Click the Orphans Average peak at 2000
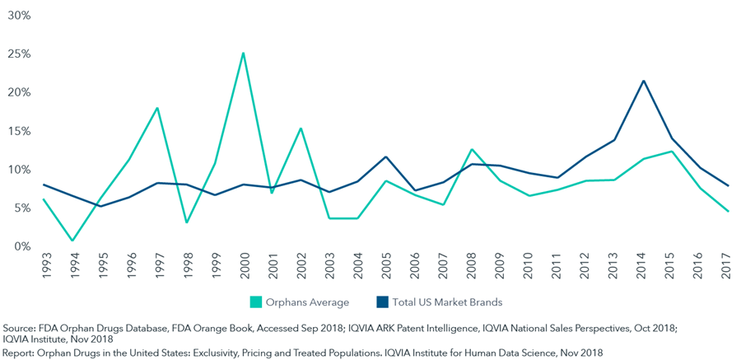(243, 54)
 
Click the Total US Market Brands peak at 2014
(643, 81)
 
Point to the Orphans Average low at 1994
(72, 241)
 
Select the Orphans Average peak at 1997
(157, 108)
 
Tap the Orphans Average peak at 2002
(301, 129)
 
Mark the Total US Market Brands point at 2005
(386, 157)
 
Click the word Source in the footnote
(20, 328)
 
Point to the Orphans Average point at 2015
(672, 152)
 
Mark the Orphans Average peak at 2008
(472, 149)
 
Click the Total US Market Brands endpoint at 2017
(729, 185)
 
